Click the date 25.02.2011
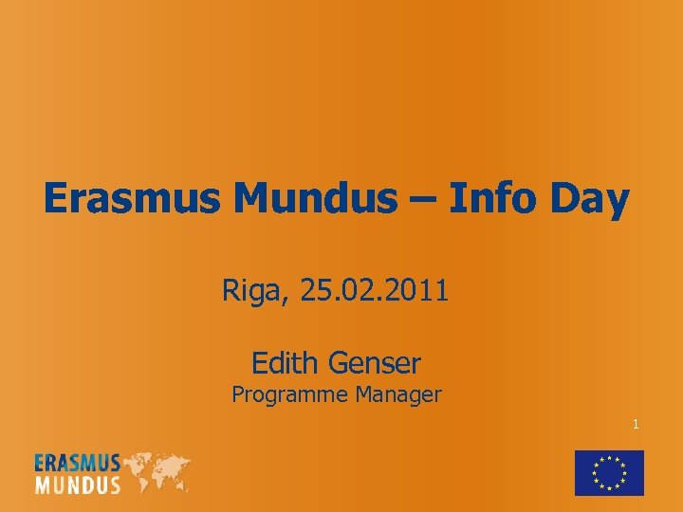click(374, 290)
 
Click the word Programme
click(291, 395)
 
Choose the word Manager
click(398, 395)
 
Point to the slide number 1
click(636, 425)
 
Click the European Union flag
click(609, 472)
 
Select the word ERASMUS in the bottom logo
click(78, 463)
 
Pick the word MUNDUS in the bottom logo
click(78, 485)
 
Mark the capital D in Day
click(560, 199)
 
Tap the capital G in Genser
click(339, 362)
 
